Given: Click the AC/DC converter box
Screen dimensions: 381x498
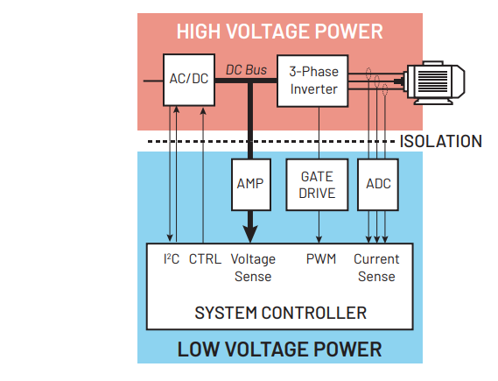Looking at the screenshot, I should point(188,79).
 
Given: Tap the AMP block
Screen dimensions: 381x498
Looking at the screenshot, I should point(250,184).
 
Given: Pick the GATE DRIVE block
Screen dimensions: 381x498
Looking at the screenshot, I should point(317,185).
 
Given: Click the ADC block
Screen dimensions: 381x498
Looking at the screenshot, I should point(377,184).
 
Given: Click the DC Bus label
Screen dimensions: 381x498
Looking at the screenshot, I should point(245,67).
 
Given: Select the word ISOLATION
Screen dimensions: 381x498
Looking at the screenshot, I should point(440,141).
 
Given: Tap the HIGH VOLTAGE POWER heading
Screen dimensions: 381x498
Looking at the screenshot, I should point(279,32).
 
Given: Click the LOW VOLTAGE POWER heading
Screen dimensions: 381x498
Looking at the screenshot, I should point(279,349).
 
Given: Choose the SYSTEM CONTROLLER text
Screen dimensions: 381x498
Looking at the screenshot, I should point(280,312).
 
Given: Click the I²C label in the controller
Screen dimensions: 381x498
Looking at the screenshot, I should point(172,259).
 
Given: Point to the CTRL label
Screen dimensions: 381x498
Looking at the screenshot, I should point(205,259).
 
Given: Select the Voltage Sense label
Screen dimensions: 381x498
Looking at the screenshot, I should point(252,267).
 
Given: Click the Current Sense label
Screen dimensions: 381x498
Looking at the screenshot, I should point(376,267).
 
